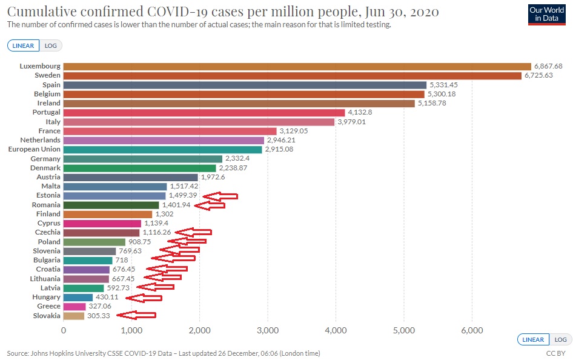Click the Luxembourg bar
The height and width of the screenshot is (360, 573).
(x=297, y=66)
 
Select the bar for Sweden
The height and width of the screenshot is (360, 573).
(x=292, y=75)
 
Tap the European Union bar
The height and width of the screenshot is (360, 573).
(x=162, y=149)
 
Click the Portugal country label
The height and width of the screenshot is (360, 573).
(x=46, y=112)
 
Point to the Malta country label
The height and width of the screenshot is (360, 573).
(x=50, y=186)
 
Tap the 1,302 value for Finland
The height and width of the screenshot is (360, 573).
(x=165, y=214)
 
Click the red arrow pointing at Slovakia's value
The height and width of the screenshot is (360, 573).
(x=136, y=315)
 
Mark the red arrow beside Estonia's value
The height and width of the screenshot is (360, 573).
(x=219, y=196)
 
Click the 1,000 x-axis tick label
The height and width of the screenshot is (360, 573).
(x=131, y=330)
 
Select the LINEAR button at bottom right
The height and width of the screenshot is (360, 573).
(x=534, y=339)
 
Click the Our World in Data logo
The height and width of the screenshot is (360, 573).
(x=546, y=15)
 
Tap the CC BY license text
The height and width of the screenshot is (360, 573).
(x=555, y=353)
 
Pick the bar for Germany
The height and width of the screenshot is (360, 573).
(x=143, y=159)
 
